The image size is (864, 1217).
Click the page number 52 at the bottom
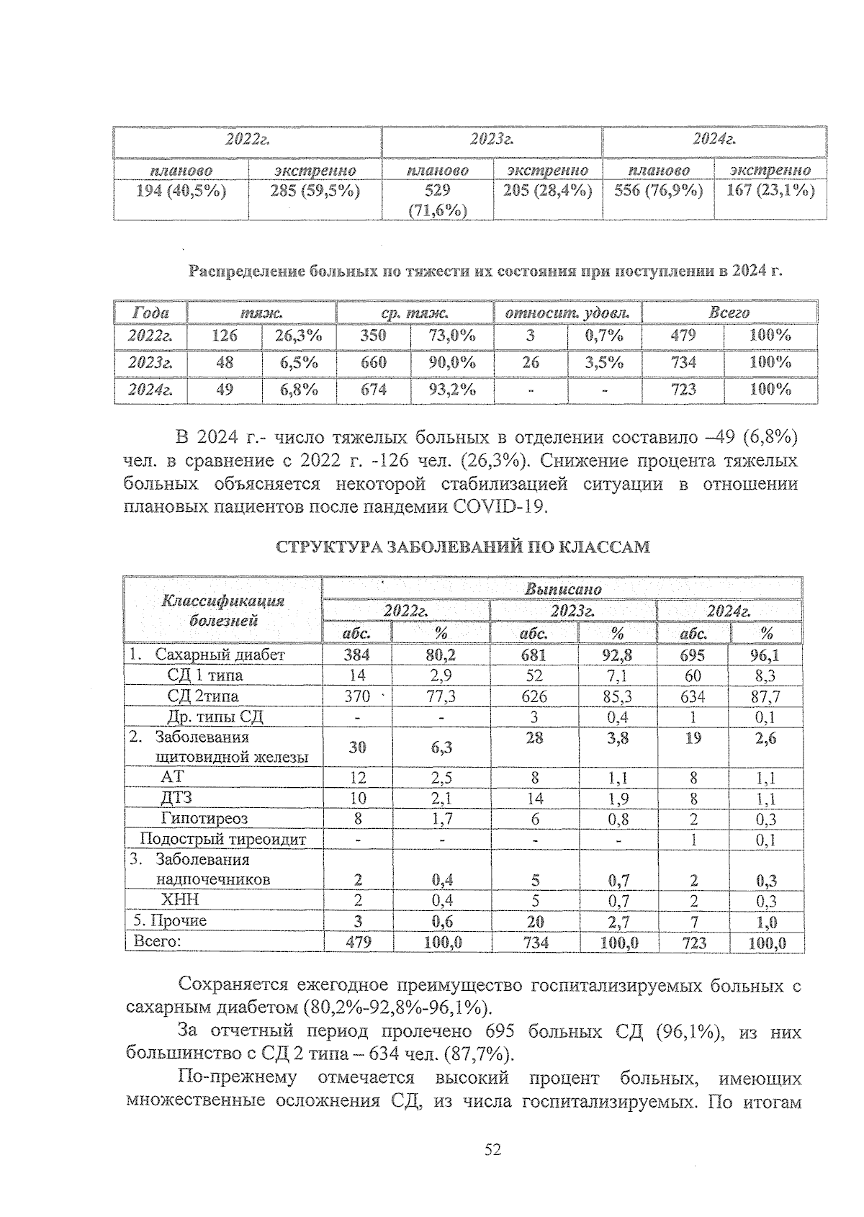point(492,1150)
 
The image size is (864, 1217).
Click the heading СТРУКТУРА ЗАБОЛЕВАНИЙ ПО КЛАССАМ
point(463,547)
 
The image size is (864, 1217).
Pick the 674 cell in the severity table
point(374,390)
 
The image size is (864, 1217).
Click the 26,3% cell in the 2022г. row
point(298,336)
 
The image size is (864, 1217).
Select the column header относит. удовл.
point(568,313)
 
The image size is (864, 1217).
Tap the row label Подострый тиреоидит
point(222,839)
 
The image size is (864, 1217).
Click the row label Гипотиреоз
point(204,819)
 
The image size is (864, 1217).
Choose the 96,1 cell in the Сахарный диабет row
point(767,655)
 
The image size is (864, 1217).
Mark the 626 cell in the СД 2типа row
point(534,696)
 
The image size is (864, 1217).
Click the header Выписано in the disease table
point(562,588)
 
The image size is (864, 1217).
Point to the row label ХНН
point(180,900)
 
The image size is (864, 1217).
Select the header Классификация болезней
point(222,610)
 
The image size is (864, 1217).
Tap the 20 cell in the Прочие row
point(534,921)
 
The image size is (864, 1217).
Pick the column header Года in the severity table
point(150,313)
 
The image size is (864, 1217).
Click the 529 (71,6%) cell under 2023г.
point(438,199)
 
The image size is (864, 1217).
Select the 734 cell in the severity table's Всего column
point(683,362)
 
